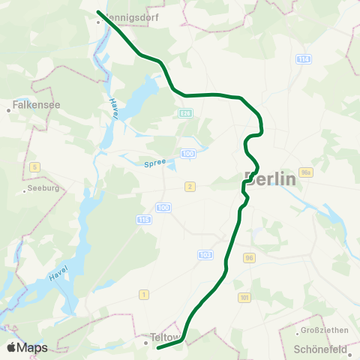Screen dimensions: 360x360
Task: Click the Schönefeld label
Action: click(320, 349)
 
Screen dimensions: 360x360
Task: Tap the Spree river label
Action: click(153, 163)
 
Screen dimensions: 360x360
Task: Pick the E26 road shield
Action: click(185, 112)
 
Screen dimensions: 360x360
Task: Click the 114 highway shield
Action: click(303, 58)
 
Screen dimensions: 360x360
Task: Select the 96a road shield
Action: click(305, 172)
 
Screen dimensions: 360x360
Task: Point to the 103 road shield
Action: click(205, 255)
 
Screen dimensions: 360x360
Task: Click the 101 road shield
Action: click(244, 297)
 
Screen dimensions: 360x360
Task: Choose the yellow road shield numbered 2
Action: click(190, 186)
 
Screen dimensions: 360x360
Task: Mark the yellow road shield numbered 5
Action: click(34, 166)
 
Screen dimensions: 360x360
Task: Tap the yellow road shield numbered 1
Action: click(143, 295)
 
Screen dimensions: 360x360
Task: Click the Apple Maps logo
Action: click(27, 347)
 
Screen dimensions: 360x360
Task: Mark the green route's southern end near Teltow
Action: click(157, 348)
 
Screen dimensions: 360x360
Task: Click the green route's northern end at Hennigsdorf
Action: click(99, 11)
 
